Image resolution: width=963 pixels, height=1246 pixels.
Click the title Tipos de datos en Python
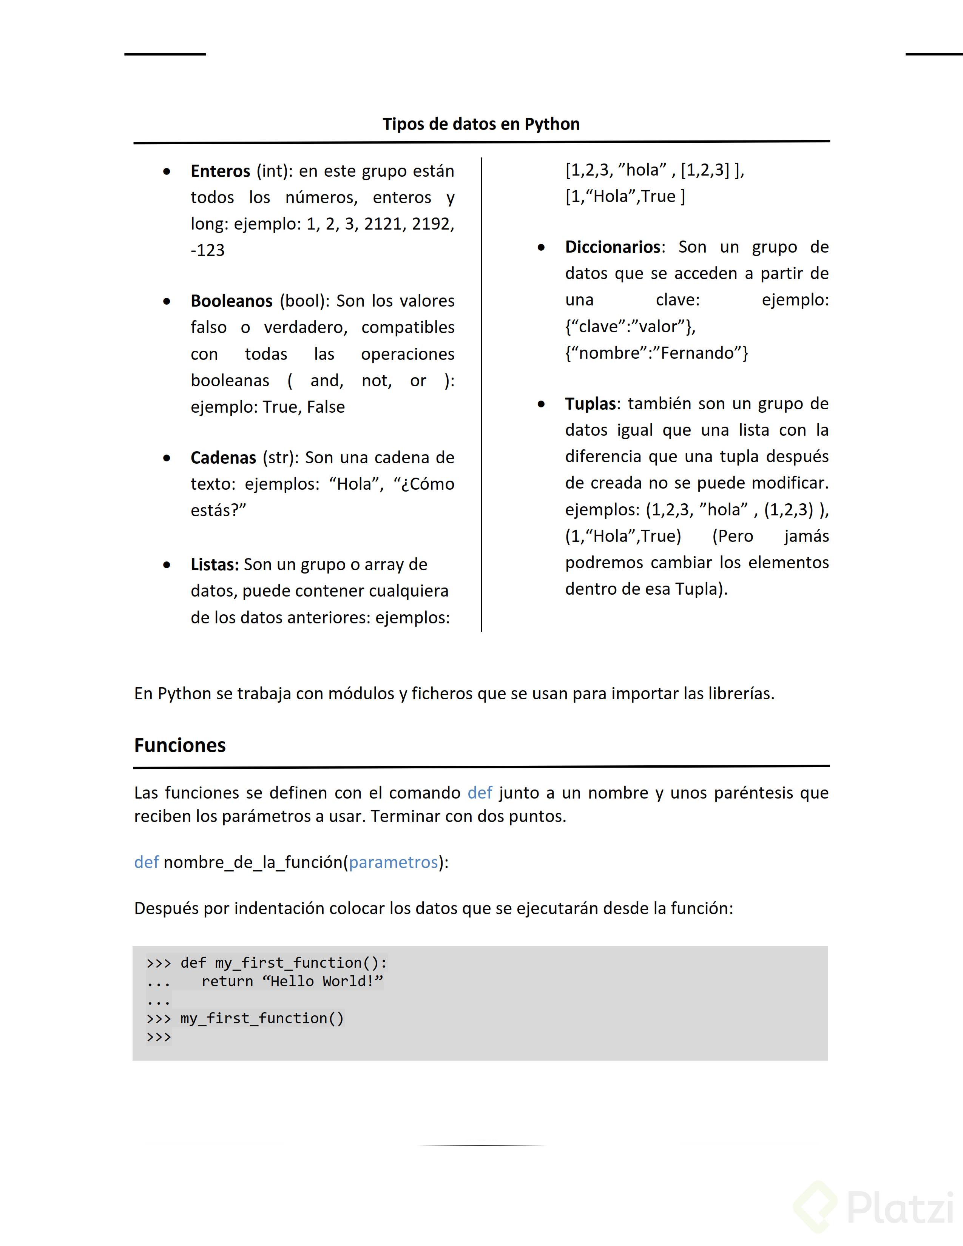[481, 124]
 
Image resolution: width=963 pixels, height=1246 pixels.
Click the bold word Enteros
[220, 171]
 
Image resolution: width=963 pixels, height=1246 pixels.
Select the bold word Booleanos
[231, 301]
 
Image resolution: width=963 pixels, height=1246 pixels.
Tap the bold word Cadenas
[223, 458]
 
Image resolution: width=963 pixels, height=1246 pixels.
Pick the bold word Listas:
[215, 564]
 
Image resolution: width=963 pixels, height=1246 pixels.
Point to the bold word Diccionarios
[613, 247]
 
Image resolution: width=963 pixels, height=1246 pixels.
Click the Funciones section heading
[180, 745]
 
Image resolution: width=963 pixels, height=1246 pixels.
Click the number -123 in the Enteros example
[208, 250]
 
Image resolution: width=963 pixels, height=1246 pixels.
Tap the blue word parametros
[393, 862]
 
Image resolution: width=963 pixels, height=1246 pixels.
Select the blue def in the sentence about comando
[479, 793]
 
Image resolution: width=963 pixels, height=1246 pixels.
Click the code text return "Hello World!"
[292, 981]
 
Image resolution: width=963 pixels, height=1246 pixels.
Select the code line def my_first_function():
[284, 963]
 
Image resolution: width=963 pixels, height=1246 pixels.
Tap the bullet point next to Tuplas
[541, 404]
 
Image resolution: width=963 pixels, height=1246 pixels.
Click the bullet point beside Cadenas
[167, 458]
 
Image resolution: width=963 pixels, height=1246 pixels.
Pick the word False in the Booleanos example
[326, 407]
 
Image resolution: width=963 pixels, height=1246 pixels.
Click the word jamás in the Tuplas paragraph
[806, 536]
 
